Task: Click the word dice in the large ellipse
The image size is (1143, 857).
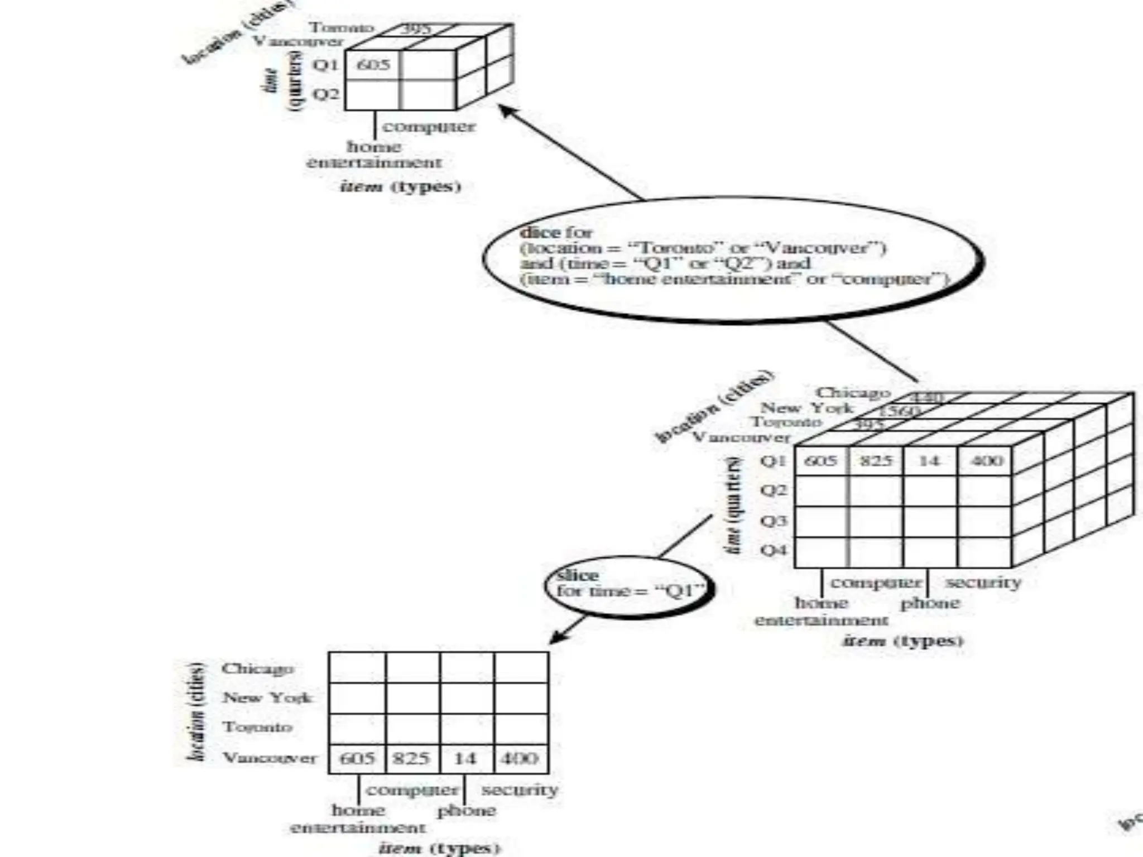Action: [540, 232]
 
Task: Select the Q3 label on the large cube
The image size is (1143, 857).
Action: [774, 521]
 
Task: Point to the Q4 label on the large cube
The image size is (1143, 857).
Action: [774, 550]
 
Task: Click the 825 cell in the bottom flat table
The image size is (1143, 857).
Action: [411, 758]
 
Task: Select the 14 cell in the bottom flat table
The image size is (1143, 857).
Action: [465, 758]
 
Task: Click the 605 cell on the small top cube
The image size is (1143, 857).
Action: [373, 65]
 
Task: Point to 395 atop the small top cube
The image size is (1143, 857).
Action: [416, 28]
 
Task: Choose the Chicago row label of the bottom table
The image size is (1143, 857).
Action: [258, 668]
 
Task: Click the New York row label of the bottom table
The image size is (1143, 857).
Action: [267, 697]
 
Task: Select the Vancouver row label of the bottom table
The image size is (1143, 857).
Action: [270, 758]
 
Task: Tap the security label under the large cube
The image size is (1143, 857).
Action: [983, 582]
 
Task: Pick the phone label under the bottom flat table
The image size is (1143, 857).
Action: [466, 810]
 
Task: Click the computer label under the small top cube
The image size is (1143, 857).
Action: [429, 127]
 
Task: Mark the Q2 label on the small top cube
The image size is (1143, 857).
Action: [325, 94]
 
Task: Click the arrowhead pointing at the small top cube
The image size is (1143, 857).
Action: [506, 110]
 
